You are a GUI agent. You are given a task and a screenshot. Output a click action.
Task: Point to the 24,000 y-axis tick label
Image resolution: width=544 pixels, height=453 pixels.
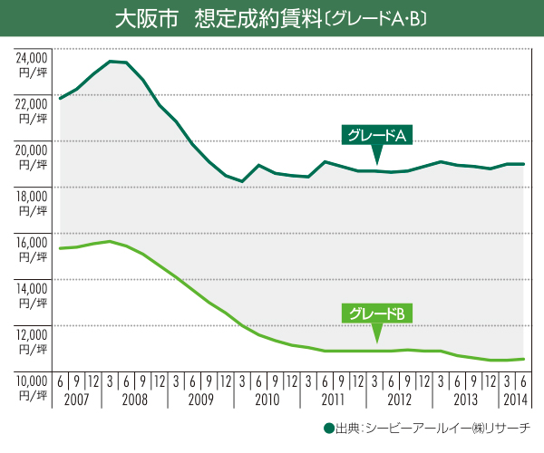(30, 56)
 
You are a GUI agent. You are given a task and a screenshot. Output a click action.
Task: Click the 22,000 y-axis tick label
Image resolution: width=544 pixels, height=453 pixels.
(30, 102)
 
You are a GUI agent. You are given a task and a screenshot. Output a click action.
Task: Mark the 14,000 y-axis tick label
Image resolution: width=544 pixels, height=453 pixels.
(30, 287)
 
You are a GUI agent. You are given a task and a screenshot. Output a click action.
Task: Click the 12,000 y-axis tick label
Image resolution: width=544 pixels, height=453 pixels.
(30, 333)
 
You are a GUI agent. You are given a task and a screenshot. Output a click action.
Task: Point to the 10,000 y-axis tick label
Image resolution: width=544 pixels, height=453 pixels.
(30, 380)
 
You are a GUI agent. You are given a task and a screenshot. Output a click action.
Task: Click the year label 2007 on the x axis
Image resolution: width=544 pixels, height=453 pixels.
(77, 399)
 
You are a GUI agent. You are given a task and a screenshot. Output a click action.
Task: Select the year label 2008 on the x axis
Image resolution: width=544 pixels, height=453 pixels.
(134, 399)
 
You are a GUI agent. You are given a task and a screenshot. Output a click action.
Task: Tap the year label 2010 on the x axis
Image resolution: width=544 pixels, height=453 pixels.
(267, 399)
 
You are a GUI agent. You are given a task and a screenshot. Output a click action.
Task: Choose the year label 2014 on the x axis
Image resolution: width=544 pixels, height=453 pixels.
(514, 399)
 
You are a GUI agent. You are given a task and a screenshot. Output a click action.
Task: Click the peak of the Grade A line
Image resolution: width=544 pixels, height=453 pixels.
(110, 62)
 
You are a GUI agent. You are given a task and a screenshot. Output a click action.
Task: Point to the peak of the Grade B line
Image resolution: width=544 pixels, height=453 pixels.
(110, 242)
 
